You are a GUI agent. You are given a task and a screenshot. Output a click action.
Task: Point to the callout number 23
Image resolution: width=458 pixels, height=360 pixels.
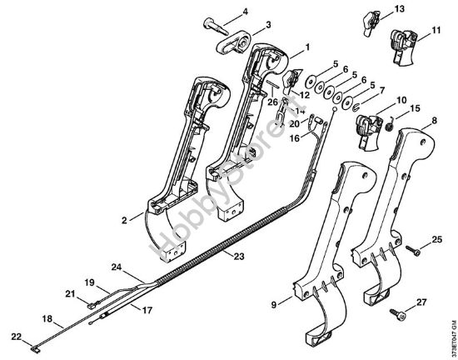click(239, 256)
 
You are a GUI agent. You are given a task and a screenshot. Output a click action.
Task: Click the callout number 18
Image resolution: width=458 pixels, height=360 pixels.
click(47, 317)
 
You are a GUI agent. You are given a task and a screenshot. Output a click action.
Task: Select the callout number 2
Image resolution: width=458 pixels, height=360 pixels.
click(122, 221)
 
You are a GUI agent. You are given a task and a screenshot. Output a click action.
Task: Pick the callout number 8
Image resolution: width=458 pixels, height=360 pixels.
click(433, 120)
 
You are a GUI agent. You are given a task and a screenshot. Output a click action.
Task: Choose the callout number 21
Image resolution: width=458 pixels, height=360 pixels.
click(71, 294)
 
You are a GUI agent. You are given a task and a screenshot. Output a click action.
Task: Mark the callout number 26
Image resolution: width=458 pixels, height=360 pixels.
click(271, 102)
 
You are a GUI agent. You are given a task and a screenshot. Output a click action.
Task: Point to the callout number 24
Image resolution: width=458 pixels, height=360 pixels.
click(117, 268)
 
